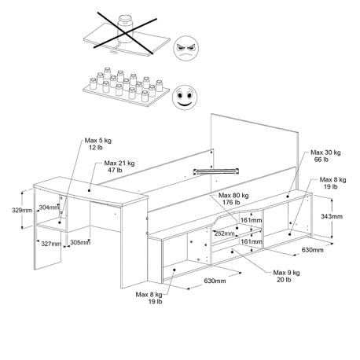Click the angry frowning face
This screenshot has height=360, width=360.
click(x=186, y=49)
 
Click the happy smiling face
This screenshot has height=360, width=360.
click(x=185, y=97)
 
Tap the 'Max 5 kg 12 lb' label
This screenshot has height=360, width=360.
click(x=98, y=144)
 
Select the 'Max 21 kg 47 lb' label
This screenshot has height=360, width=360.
click(x=119, y=167)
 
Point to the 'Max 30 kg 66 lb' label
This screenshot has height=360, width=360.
click(x=325, y=156)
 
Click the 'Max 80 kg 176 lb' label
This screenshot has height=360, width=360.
click(x=233, y=199)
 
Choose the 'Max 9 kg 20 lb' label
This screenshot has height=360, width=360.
click(x=286, y=276)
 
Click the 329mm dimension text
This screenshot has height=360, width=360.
click(x=22, y=210)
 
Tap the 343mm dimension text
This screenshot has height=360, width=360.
click(x=332, y=216)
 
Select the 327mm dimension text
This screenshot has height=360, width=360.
click(x=51, y=244)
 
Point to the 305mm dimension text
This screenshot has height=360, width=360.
click(x=80, y=243)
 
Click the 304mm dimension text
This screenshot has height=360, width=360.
click(x=49, y=208)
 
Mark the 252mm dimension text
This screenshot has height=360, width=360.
click(x=225, y=233)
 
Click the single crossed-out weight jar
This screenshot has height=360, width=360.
click(x=125, y=29)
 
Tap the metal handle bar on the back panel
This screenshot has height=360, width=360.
click(x=216, y=171)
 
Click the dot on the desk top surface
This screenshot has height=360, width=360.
click(x=89, y=190)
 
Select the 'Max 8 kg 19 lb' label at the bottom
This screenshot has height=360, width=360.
click(x=149, y=298)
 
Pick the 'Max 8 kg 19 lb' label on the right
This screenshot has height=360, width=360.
click(x=332, y=183)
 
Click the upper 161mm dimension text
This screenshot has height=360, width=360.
click(x=252, y=220)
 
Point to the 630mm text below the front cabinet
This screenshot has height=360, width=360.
click(x=215, y=281)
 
